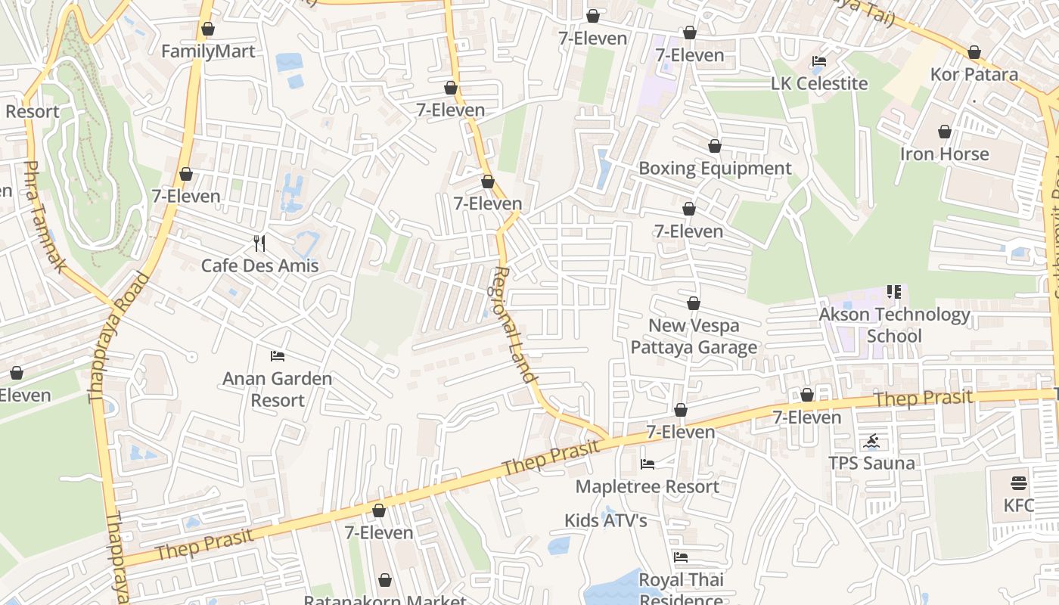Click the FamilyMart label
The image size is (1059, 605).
208,51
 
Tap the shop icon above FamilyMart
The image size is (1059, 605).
208,29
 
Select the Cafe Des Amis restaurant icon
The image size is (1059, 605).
259,243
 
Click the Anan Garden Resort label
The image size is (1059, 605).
277,389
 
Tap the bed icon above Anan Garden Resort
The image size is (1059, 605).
278,355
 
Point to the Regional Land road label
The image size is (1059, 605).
514,325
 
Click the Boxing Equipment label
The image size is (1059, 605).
715,168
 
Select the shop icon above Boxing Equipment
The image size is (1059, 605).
715,146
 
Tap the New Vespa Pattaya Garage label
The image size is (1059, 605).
694,337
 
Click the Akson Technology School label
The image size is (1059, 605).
894,324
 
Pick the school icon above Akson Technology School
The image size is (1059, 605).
894,292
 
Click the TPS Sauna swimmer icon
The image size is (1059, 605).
871,441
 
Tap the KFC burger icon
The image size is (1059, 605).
1018,483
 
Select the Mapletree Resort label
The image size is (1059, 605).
647,486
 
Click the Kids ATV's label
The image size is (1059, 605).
605,520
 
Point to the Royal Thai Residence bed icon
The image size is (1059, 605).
681,557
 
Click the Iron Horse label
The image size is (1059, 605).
944,154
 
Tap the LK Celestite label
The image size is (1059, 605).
819,83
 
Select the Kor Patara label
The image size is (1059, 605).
974,74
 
